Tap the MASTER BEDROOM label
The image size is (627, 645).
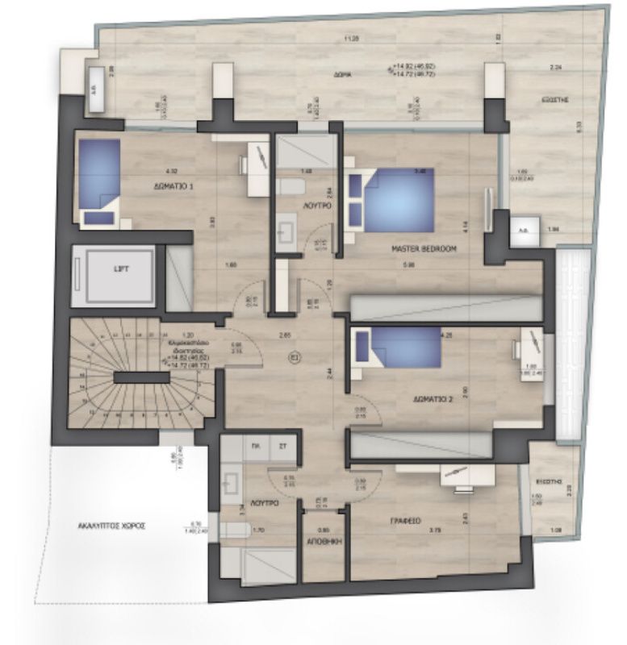coord(425,250)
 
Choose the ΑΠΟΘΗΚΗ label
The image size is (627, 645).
coord(324,543)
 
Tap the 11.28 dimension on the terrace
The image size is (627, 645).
coord(349,39)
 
